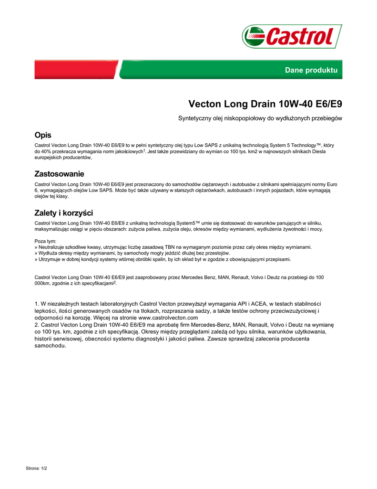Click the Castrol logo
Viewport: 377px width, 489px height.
[292, 36]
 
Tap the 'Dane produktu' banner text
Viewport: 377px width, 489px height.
[311, 70]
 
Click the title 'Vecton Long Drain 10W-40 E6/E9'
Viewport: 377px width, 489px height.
[265, 104]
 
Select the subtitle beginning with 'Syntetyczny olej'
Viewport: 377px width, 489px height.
[260, 118]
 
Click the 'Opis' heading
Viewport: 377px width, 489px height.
[43, 135]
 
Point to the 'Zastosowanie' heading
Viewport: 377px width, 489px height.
[59, 174]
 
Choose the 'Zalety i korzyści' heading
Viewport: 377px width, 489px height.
[63, 213]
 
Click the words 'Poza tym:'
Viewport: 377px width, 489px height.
[46, 241]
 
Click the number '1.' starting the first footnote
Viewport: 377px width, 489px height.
[38, 303]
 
